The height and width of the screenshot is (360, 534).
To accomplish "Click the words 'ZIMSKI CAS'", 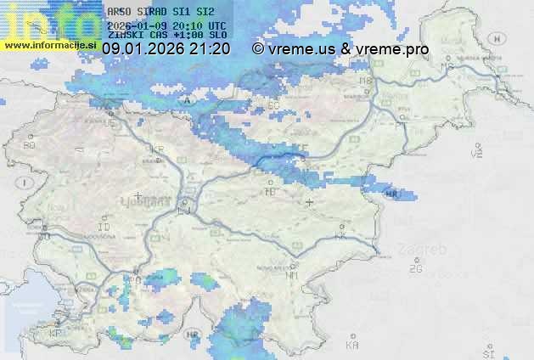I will [x=131, y=35].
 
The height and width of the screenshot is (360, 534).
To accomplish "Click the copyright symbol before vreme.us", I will [x=257, y=49].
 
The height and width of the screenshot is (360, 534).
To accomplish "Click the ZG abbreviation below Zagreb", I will [x=415, y=269].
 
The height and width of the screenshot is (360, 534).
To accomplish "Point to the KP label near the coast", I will [x=56, y=333].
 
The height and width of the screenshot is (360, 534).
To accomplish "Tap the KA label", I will [x=352, y=345].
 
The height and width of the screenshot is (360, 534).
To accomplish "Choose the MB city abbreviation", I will [x=367, y=81].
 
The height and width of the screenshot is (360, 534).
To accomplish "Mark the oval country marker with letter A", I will [x=186, y=99].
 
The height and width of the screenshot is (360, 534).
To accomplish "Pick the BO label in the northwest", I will [x=31, y=145].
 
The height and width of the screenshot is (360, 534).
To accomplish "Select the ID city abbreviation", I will [x=104, y=228].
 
